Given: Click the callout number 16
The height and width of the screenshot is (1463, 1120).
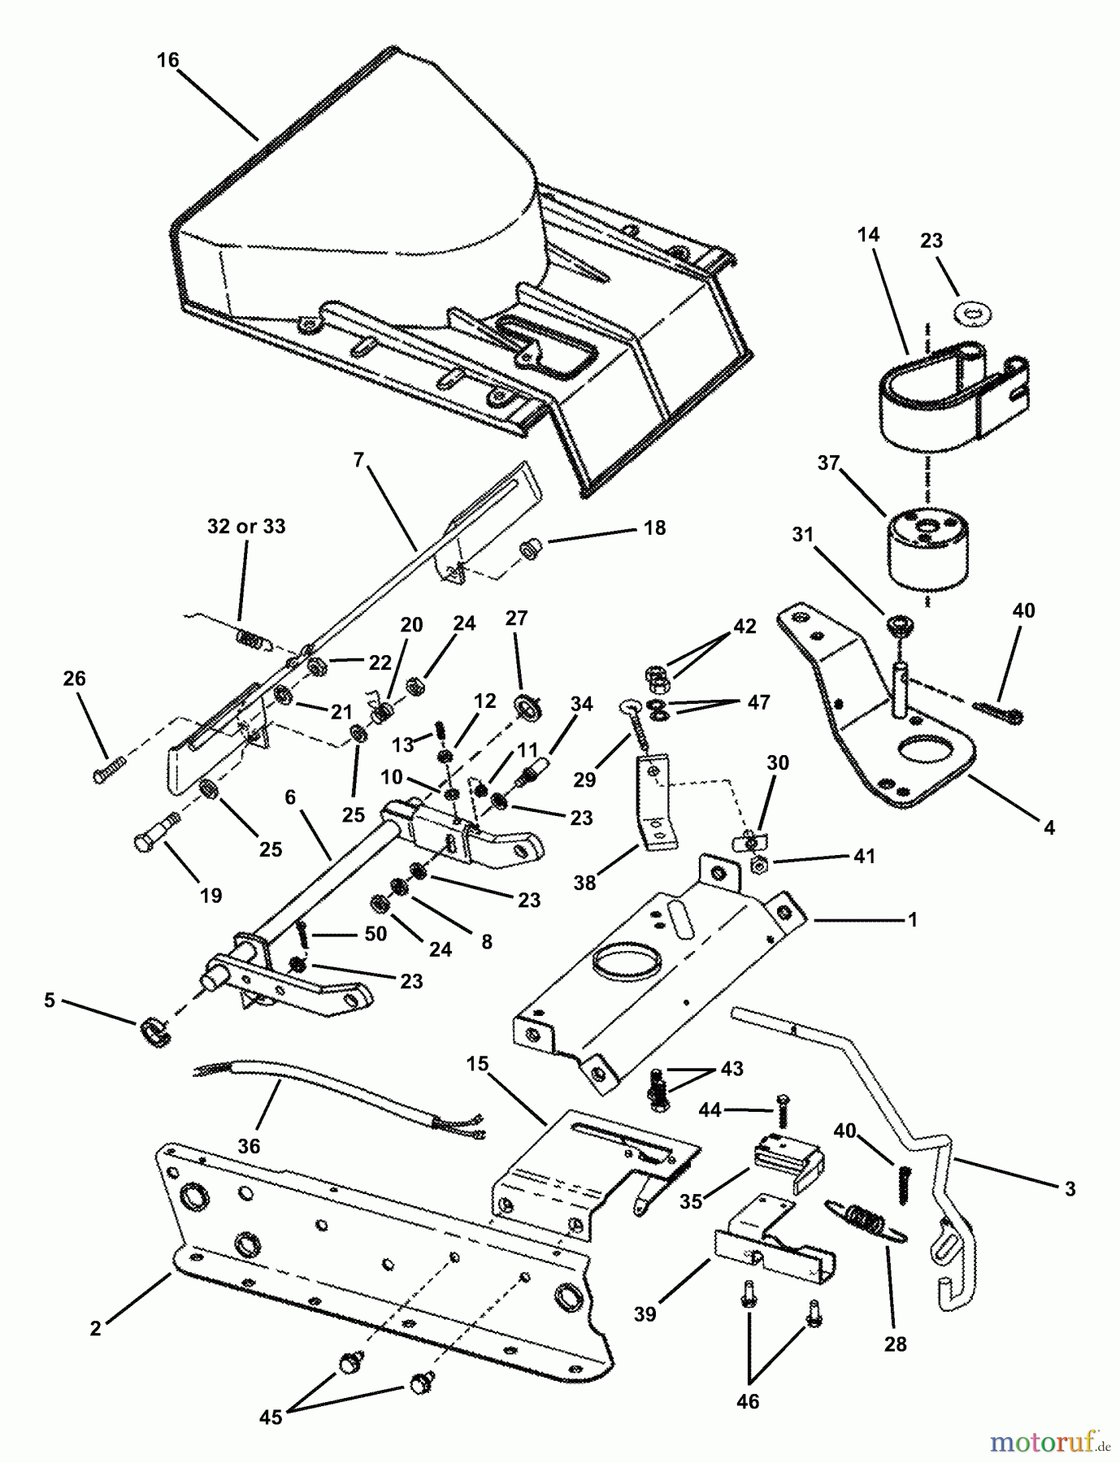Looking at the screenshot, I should coord(168,61).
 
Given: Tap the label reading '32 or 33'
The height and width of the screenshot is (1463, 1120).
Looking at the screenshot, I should coord(246,527).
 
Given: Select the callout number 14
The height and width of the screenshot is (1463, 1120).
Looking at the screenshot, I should coord(867,235).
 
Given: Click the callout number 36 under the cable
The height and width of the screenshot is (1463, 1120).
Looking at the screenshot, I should coord(249,1145).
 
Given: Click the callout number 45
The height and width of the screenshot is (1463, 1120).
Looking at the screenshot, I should coord(271,1417).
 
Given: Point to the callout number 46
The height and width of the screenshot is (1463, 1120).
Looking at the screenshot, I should coord(748,1401).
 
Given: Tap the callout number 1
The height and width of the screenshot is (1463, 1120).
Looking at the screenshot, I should coord(913,919).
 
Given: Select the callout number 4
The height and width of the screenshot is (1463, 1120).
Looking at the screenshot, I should coord(1049,827).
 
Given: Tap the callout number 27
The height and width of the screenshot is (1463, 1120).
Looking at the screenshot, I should coord(517,618).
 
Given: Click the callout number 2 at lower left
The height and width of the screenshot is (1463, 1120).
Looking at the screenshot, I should coord(96,1328).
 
